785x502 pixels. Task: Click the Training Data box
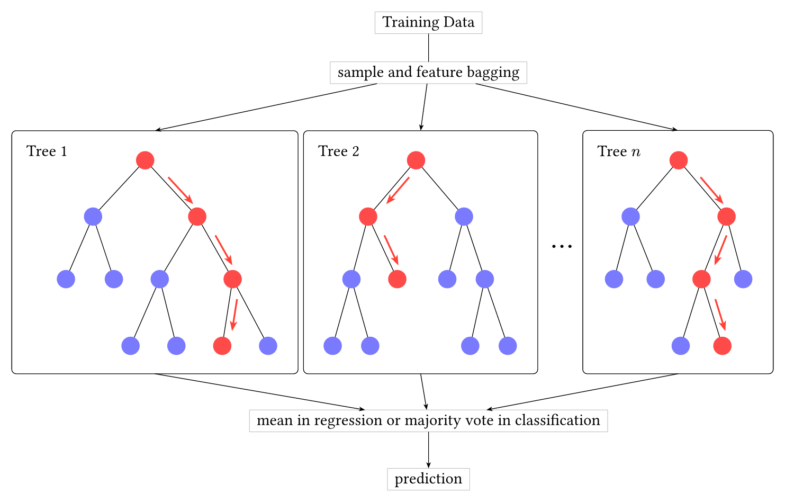tap(428, 23)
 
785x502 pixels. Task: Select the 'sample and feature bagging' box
tap(428, 73)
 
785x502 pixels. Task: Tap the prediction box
tap(428, 479)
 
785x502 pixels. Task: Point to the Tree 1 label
tap(46, 151)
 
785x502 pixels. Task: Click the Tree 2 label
tap(339, 151)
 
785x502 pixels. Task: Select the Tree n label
tap(619, 151)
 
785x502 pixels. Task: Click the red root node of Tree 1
tap(145, 160)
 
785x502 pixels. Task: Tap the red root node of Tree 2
tap(416, 160)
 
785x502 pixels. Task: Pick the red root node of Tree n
tap(679, 160)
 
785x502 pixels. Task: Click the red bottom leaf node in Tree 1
tap(222, 346)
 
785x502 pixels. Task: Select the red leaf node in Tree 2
tap(397, 279)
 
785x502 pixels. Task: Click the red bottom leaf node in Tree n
tap(722, 346)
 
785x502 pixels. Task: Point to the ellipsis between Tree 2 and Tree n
tap(562, 246)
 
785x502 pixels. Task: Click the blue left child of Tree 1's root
tap(93, 216)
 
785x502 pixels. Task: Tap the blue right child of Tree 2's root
tap(464, 216)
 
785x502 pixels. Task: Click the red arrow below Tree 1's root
tap(181, 190)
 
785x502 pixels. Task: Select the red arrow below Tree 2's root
tap(398, 190)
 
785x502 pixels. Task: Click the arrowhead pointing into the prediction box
tap(428, 465)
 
